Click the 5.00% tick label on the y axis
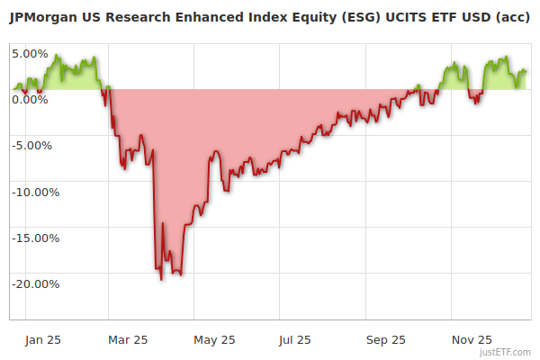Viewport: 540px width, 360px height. (x=30, y=53)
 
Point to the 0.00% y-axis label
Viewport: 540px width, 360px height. (x=30, y=99)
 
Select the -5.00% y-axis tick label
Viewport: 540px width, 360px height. (x=32, y=145)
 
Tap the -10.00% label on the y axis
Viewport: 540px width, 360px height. (x=34, y=192)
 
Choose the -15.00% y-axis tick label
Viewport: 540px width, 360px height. (x=34, y=238)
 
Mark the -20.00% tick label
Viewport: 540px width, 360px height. (x=34, y=283)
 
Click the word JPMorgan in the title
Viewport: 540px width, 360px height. (x=41, y=16)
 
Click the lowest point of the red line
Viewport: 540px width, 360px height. (x=161, y=279)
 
